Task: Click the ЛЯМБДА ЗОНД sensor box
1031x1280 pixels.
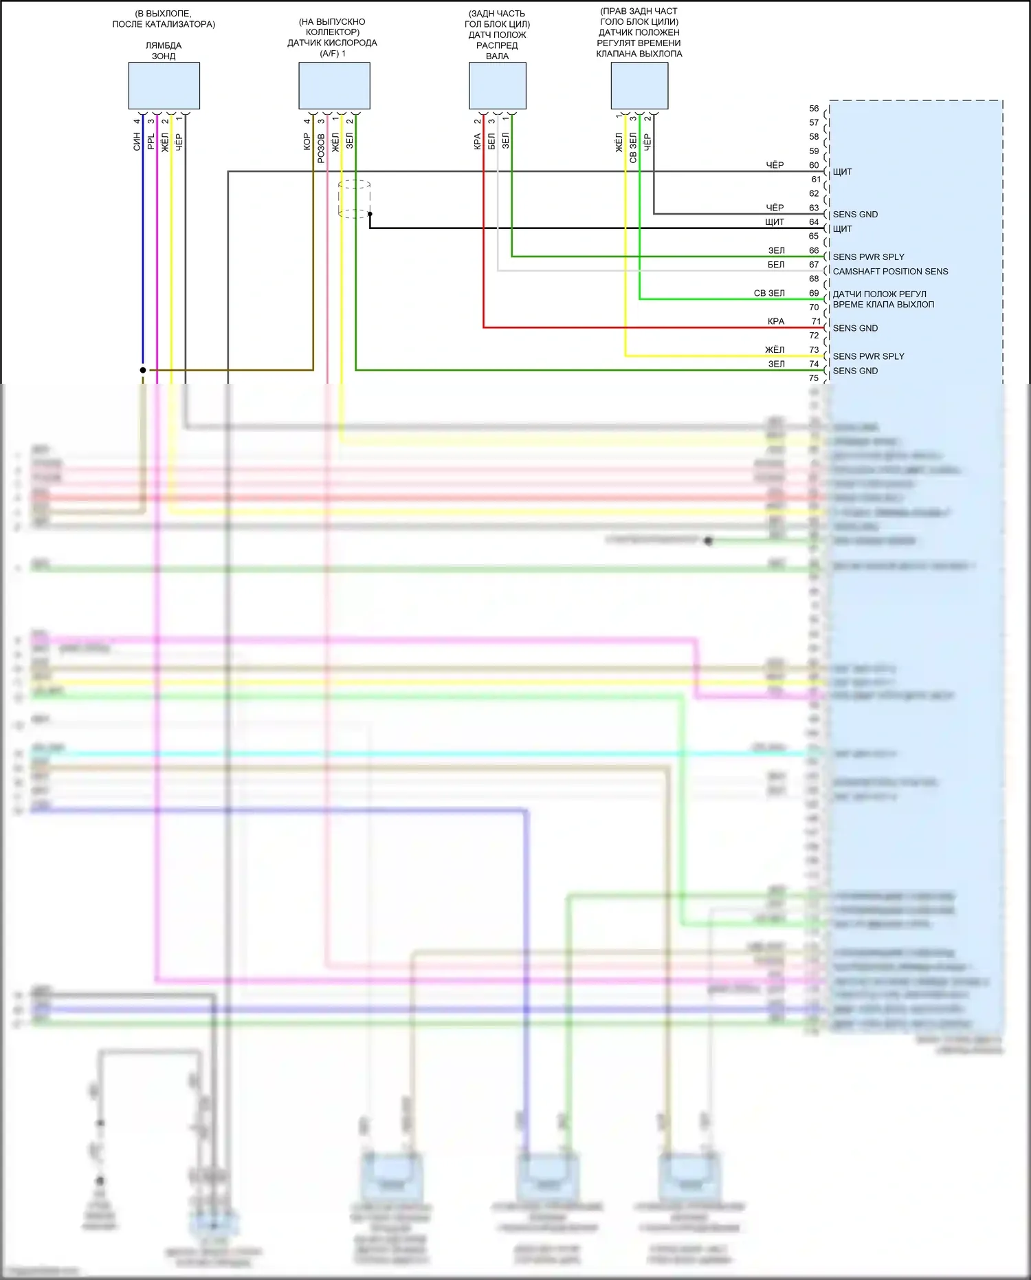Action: pos(164,86)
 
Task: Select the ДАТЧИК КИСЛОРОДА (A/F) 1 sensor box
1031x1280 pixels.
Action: pos(334,86)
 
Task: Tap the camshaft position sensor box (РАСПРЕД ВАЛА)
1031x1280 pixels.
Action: pos(497,86)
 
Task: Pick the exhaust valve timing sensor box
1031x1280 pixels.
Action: pos(639,86)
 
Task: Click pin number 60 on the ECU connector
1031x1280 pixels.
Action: pos(814,165)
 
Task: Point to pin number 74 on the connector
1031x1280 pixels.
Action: pos(814,364)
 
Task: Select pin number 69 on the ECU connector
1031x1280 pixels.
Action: pos(814,293)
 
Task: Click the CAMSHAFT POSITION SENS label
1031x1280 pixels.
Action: pos(890,272)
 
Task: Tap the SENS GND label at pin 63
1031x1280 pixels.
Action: pos(855,215)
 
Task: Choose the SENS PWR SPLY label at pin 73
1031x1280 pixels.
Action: pos(868,356)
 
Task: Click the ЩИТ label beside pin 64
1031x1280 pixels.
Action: pos(842,229)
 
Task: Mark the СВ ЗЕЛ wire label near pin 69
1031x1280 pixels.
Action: pos(769,293)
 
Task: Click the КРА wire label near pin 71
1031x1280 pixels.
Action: pos(776,321)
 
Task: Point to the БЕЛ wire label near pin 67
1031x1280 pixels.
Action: pos(776,265)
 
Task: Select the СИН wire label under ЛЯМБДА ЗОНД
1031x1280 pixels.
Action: pos(137,142)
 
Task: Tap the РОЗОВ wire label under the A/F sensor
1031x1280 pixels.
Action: pos(321,148)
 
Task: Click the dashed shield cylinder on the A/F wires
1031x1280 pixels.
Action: pos(355,199)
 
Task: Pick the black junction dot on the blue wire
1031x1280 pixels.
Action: pos(143,370)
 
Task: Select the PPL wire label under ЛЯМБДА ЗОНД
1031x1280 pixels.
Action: pos(151,142)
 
